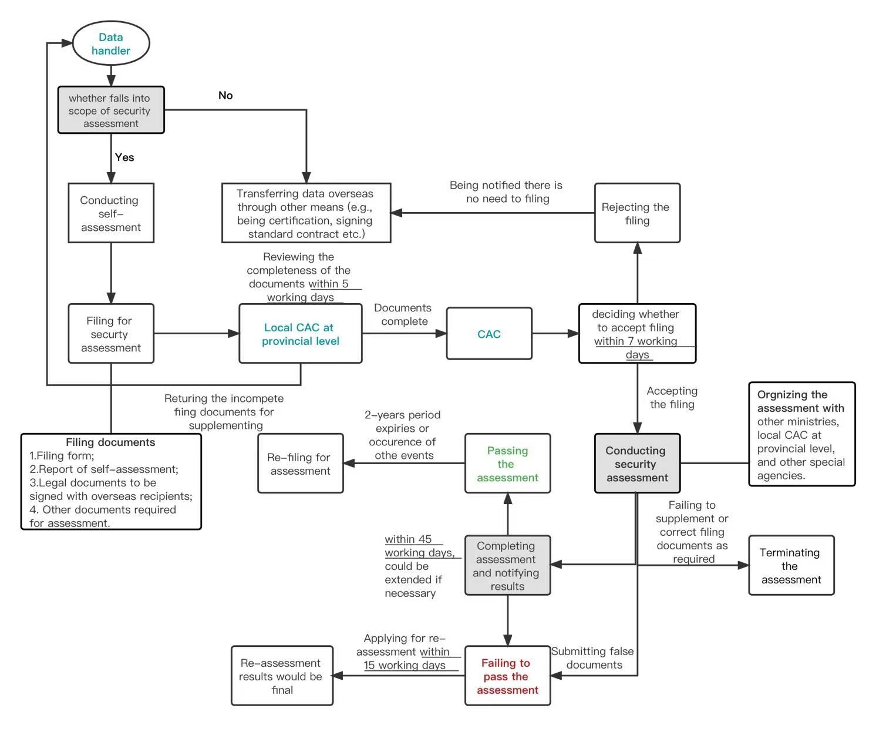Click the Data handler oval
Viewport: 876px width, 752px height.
pos(111,43)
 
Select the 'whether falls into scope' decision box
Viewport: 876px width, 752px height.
pos(111,110)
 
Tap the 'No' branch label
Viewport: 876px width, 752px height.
pos(225,95)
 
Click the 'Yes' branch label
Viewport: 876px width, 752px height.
pos(124,157)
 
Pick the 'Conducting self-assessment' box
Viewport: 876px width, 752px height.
pos(111,213)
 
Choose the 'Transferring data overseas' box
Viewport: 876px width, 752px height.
pos(306,213)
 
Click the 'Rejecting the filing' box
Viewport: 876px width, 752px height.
pos(637,213)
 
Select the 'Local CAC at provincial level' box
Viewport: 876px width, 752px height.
pos(300,334)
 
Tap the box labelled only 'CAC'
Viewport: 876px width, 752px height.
pos(489,334)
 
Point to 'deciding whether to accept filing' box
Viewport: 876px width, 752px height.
pos(637,334)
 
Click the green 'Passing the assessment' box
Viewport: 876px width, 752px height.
pos(507,464)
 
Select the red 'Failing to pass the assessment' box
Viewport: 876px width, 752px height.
pos(507,676)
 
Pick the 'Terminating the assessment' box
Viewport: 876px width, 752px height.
pos(791,566)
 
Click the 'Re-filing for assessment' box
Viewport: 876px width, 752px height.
pos(300,464)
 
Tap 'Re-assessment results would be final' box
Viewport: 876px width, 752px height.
pos(282,676)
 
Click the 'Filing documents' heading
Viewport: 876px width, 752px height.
pos(110,442)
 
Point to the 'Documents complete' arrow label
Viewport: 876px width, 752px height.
pos(403,314)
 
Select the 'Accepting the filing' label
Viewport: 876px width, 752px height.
pos(672,398)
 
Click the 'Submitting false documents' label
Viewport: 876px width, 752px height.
pos(593,658)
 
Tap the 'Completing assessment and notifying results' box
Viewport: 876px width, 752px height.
pos(507,566)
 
